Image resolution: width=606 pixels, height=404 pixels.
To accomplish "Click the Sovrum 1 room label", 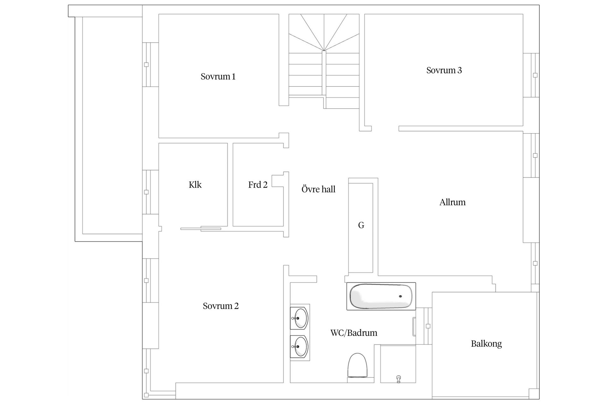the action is click(218, 76).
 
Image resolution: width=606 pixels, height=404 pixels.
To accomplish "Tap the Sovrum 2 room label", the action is click(221, 306).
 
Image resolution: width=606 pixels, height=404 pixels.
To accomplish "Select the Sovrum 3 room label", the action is click(444, 70).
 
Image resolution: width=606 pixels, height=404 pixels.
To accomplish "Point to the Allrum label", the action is click(452, 202).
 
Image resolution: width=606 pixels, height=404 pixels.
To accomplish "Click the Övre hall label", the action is click(318, 189).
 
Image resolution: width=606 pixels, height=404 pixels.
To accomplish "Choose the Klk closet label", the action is click(195, 185).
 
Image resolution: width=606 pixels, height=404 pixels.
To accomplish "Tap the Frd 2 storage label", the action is click(258, 185).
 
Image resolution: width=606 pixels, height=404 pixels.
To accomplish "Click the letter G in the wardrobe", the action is click(361, 225).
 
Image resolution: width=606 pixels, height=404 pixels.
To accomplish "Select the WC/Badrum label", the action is click(354, 333).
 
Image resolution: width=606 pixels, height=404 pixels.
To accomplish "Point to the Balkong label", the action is click(486, 343).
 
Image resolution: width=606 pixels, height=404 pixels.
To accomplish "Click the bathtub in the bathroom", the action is click(381, 296).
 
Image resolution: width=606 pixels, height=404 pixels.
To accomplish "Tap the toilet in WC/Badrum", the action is click(358, 367).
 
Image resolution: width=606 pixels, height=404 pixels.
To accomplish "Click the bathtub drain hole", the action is click(401, 296).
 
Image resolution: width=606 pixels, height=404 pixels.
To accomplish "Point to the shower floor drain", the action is click(398, 379).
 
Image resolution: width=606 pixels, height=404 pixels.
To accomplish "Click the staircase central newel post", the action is click(324, 73).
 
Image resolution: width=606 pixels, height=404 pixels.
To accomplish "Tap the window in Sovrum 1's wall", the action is click(150, 64).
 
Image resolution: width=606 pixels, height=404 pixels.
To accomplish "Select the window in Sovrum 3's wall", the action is click(531, 75).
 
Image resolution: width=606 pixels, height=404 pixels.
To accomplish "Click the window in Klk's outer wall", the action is click(150, 192).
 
